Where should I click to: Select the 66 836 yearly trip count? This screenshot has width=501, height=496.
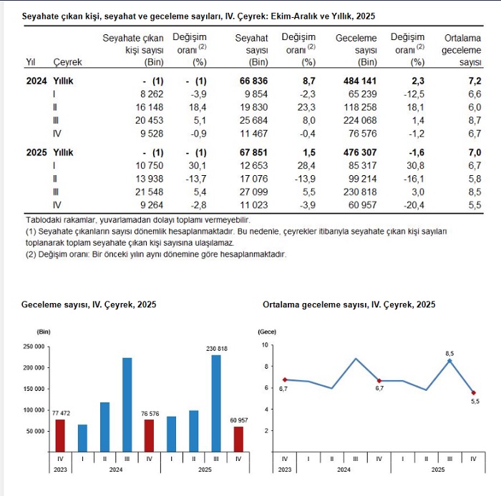pos(254,81)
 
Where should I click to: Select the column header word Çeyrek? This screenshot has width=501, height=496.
pos(68,62)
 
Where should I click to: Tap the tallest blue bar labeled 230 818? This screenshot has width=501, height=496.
pos(216,403)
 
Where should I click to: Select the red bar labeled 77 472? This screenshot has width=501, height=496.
pos(60,435)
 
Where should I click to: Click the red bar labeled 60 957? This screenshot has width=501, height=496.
pos(238,439)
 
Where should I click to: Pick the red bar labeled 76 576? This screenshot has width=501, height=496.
pos(149,435)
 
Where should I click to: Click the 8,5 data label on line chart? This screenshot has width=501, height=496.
pos(450,353)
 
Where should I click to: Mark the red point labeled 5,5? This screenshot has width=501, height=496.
pos(473,392)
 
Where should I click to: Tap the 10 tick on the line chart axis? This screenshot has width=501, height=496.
pos(265,344)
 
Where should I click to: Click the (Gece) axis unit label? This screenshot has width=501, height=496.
pos(266,332)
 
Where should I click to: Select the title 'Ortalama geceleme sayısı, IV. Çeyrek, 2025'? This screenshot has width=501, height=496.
pos(349,304)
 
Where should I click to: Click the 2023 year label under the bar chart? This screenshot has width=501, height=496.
pos(60,469)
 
